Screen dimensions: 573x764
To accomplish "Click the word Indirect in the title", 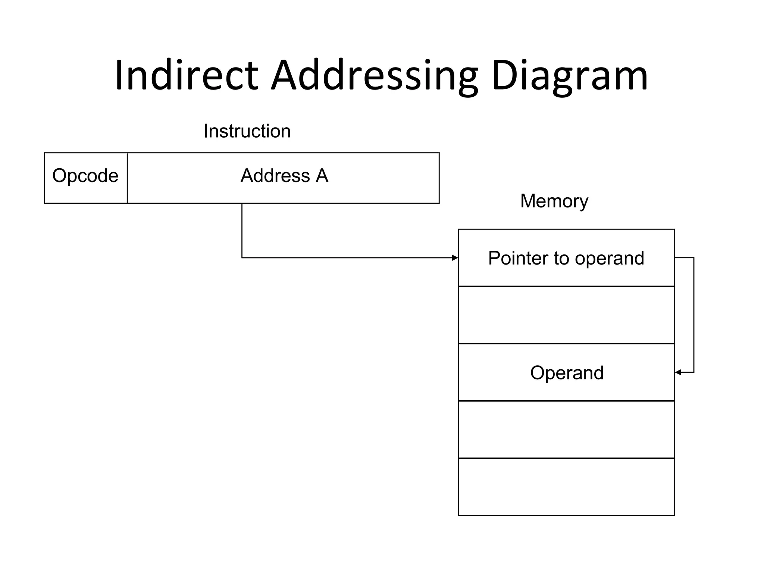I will click(x=187, y=75).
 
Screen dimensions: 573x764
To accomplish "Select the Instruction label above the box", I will click(x=247, y=131).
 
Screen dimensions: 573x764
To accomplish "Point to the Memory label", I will click(x=554, y=201).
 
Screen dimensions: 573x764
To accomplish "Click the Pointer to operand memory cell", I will click(x=566, y=258).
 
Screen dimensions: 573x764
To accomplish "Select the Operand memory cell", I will click(x=566, y=372).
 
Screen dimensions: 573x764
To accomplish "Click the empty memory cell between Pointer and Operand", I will click(x=566, y=315).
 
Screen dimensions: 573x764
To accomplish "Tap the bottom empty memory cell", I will click(x=566, y=487).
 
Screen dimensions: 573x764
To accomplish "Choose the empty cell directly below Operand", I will click(x=566, y=429).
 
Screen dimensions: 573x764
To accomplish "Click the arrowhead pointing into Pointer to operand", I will click(x=455, y=258).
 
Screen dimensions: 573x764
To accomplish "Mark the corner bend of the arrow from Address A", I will click(x=242, y=257).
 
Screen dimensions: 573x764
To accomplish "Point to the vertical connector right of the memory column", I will click(x=693, y=315).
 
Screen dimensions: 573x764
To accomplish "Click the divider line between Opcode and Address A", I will click(x=127, y=178).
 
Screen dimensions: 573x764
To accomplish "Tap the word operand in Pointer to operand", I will click(x=610, y=258).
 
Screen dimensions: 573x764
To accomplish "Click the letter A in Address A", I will click(x=322, y=176).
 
